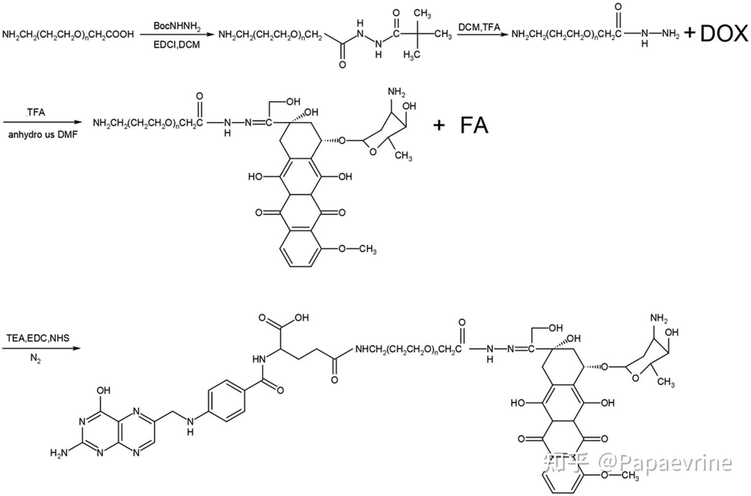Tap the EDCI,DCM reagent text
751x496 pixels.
pyautogui.click(x=176, y=45)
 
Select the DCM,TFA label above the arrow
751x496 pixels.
pyautogui.click(x=479, y=27)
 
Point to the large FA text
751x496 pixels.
pyautogui.click(x=474, y=126)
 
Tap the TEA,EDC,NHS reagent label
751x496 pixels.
pyautogui.click(x=38, y=338)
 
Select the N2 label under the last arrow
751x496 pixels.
pyautogui.click(x=35, y=358)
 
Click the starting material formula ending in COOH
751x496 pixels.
pyautogui.click(x=68, y=34)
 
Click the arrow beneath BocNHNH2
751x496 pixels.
pyautogui.click(x=177, y=35)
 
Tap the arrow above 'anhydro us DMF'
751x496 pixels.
pyautogui.click(x=42, y=123)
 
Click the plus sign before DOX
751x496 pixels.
pyautogui.click(x=689, y=34)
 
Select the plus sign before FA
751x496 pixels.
pyautogui.click(x=439, y=125)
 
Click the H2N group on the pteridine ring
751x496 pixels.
pyautogui.click(x=59, y=453)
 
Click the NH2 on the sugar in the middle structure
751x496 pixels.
pyautogui.click(x=396, y=93)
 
